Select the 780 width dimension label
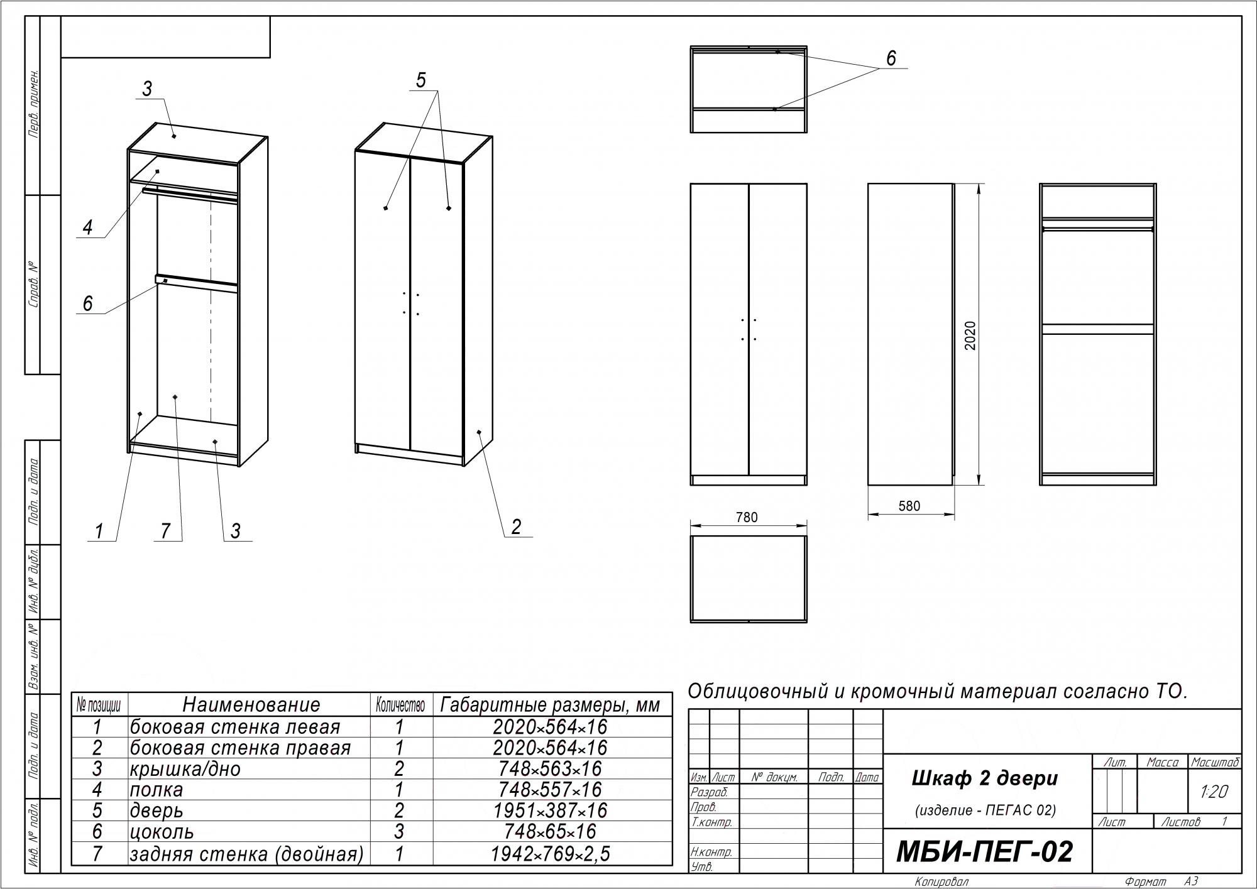(x=747, y=518)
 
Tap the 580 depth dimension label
(x=909, y=506)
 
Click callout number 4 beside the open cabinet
(x=87, y=227)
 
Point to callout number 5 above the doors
(x=421, y=80)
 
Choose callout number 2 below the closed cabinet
(x=516, y=526)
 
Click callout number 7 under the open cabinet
(x=165, y=531)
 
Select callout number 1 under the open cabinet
(x=99, y=532)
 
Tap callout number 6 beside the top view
(x=891, y=58)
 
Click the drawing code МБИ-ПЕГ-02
(x=984, y=853)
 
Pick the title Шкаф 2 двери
(x=985, y=778)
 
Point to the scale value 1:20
(x=1214, y=792)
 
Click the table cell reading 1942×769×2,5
(x=551, y=853)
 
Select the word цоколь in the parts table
(x=162, y=832)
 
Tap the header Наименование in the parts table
(x=251, y=704)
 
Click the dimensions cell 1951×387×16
(x=551, y=810)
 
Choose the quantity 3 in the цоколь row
(x=399, y=832)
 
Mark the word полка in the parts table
(x=156, y=790)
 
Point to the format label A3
(x=1191, y=881)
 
